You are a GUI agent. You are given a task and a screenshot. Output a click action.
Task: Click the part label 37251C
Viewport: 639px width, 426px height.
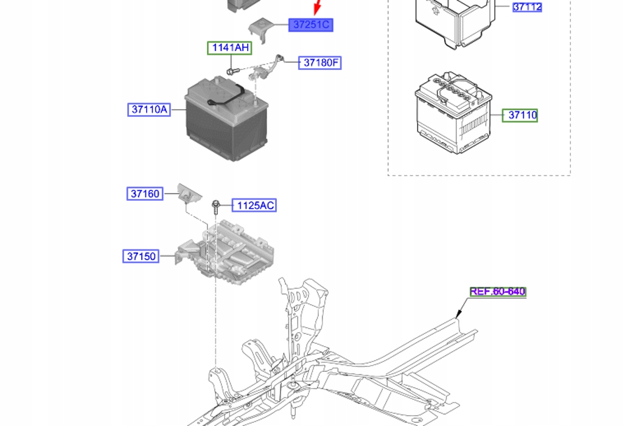tap(311, 25)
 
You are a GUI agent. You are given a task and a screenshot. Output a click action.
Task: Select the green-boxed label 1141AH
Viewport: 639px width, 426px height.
tap(229, 47)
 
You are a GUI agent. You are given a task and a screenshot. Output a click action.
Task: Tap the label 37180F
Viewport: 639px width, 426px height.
tap(319, 63)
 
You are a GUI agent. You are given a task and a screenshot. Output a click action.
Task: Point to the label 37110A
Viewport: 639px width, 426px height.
tap(148, 110)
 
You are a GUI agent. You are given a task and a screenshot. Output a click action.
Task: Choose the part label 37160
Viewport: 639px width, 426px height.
tap(144, 194)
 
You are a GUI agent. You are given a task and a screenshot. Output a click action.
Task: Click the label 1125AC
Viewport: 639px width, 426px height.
tap(255, 206)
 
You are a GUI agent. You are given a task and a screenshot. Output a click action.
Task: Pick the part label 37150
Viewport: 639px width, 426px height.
tap(141, 256)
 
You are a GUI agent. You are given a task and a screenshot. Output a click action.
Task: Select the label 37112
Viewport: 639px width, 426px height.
tap(526, 7)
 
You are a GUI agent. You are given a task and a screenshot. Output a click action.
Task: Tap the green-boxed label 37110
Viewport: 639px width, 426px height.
tap(520, 114)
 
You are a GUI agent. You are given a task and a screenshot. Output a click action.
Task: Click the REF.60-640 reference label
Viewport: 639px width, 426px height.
tap(497, 292)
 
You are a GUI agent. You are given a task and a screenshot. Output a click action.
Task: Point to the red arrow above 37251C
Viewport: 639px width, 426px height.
tap(317, 8)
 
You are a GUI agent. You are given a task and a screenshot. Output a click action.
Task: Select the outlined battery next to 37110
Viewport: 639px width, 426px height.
tap(452, 113)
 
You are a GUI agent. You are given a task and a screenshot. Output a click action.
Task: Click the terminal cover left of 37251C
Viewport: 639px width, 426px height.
tap(260, 29)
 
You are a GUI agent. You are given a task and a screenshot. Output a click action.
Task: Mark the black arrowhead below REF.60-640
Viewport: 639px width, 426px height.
tap(457, 315)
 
